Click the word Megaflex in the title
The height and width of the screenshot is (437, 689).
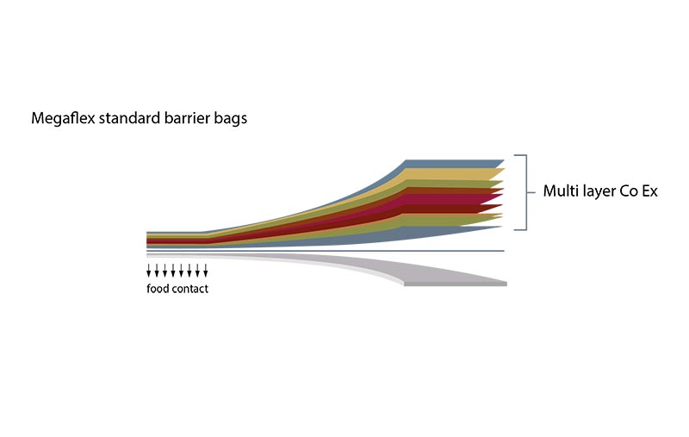pos(63,118)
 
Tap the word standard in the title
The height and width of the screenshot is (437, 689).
pos(130,118)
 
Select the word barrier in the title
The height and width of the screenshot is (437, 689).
pos(187,118)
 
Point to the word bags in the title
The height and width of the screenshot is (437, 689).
pos(231,119)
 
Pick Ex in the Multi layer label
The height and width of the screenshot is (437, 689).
pos(650,191)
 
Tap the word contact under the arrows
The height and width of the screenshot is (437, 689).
pos(190,289)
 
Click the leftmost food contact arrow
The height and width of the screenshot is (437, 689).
pos(148,271)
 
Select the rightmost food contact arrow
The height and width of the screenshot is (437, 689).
pos(205,271)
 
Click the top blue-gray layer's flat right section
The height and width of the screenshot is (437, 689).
pos(453,164)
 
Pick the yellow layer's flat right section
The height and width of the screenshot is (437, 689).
pos(453,173)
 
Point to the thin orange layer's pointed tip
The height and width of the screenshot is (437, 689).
pos(501,215)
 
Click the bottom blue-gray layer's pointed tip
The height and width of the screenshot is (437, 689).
pos(501,227)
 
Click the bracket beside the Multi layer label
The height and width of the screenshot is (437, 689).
pos(525,192)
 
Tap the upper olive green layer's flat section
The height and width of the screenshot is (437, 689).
pos(453,184)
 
